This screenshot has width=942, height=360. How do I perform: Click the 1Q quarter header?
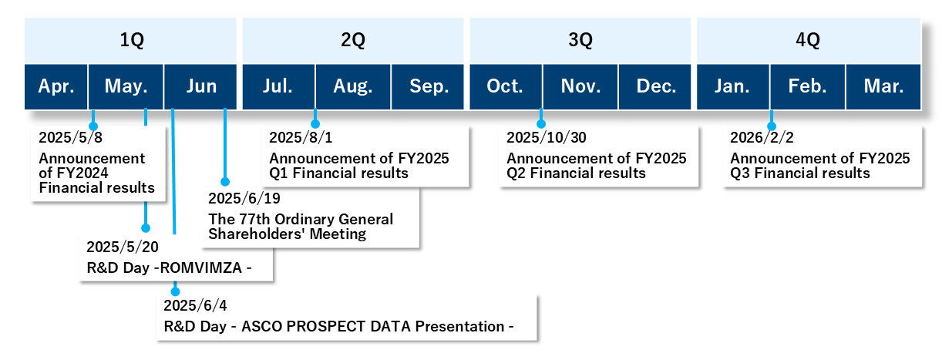click(131, 42)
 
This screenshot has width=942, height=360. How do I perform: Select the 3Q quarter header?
click(580, 42)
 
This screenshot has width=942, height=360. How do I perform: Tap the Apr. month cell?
click(56, 86)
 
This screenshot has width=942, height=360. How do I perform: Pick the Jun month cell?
click(201, 86)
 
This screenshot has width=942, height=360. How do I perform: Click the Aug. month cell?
click(353, 86)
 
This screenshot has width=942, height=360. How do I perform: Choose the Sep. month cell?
click(429, 86)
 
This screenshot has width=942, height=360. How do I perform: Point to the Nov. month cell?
click(580, 86)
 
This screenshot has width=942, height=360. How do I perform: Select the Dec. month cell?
click(656, 86)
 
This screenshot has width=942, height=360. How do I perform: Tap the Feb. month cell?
click(807, 86)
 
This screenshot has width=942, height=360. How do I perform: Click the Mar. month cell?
click(883, 86)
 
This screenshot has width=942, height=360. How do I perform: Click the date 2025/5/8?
click(71, 138)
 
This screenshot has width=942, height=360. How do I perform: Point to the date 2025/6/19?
click(239, 199)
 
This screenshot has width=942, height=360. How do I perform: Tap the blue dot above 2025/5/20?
click(146, 228)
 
